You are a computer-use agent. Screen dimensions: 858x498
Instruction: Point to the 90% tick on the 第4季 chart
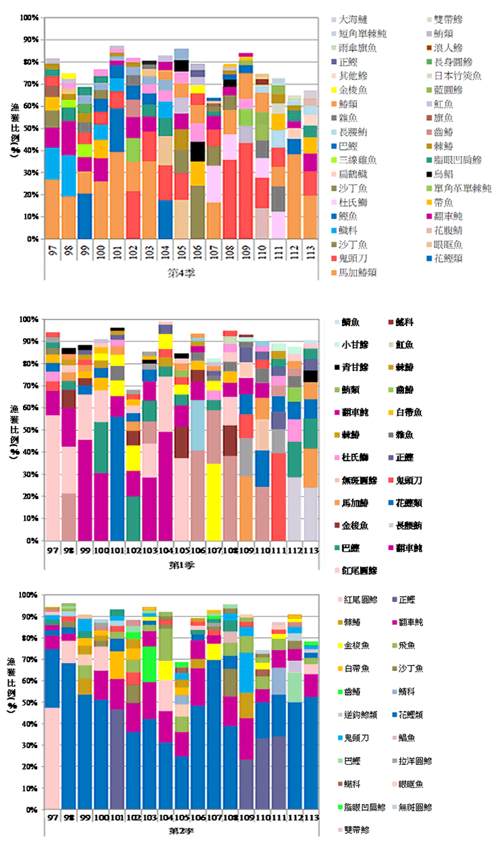pos(30,40)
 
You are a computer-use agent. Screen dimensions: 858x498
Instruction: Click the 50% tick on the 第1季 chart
pos(30,430)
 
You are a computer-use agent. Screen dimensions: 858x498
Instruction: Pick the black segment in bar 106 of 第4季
pos(198,151)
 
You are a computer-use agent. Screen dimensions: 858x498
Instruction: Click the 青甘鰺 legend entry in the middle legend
pos(355,367)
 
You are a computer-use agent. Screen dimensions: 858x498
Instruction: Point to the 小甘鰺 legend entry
pos(355,345)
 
